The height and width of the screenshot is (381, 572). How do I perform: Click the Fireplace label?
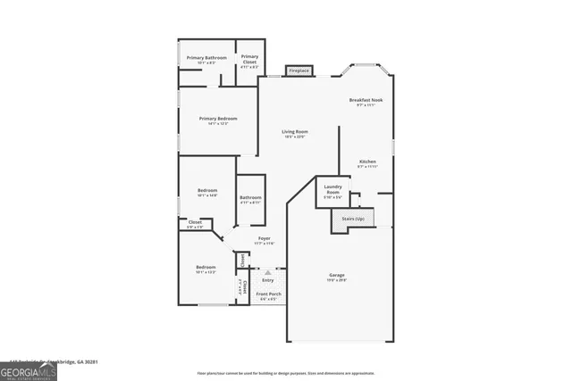[x=299, y=70]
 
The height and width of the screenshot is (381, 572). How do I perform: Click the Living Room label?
[x=295, y=132]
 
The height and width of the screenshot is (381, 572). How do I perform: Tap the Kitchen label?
[x=367, y=162]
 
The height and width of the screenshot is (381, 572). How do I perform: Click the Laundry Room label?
[x=332, y=189]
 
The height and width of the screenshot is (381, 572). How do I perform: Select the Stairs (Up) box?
[x=353, y=219]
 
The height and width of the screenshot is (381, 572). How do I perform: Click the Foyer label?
[x=265, y=239]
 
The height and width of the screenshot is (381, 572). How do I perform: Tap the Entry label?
[x=267, y=280]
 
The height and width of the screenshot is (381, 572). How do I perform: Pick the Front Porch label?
[x=268, y=294]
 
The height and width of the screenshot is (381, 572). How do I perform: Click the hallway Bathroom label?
[x=250, y=197]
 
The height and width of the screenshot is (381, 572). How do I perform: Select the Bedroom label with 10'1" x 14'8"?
[x=207, y=191]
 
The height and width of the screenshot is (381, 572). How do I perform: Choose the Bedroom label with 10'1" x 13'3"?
[x=206, y=268]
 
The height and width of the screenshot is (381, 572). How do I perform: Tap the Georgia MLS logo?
[x=29, y=369]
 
